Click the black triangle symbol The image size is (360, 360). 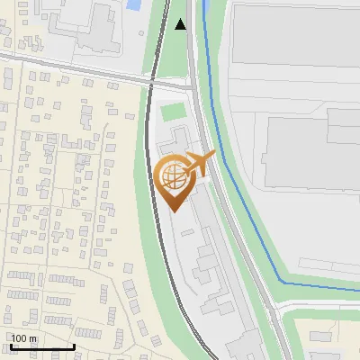click(182, 23)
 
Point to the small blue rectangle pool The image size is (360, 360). click(135, 4)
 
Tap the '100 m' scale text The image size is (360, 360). click(24, 338)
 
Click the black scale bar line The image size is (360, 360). click(41, 347)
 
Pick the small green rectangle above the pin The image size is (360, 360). click(173, 112)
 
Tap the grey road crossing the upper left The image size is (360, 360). click(72, 68)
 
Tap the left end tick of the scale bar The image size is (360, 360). click(10, 346)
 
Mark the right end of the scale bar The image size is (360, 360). click(74, 346)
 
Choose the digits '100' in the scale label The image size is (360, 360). click(20, 338)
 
